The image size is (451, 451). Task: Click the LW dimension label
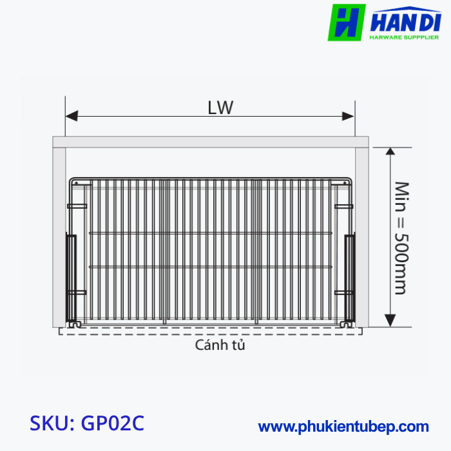pyautogui.click(x=220, y=108)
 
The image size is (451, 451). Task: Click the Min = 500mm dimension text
pyautogui.click(x=401, y=238)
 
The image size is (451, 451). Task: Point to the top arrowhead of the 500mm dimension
pyautogui.click(x=390, y=153)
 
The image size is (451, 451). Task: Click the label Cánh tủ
pyautogui.click(x=220, y=345)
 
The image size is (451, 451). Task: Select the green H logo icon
pyautogui.click(x=347, y=23)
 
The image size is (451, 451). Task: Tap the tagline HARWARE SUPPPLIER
pyautogui.click(x=403, y=39)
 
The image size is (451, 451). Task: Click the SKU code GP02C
pyautogui.click(x=87, y=423)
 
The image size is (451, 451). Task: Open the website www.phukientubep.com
pyautogui.click(x=343, y=427)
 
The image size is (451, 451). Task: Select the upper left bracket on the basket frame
pyautogui.click(x=77, y=206)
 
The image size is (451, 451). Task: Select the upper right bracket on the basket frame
pyautogui.click(x=343, y=206)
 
